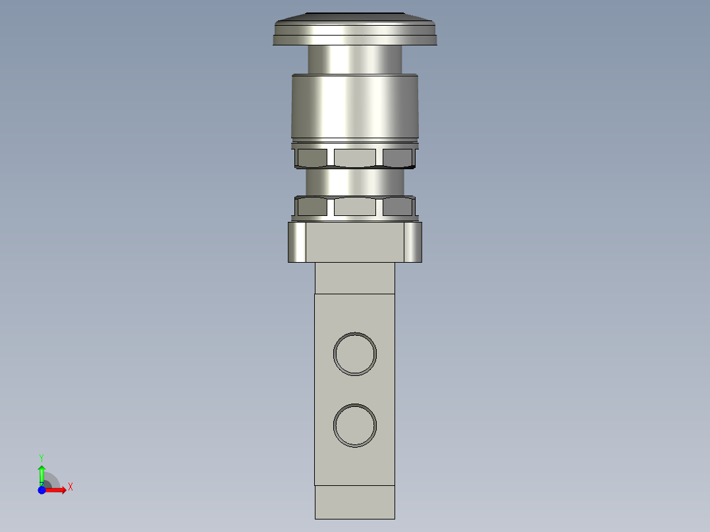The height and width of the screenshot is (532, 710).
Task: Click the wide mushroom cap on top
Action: pos(354,32)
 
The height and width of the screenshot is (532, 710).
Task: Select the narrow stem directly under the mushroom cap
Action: pos(355,59)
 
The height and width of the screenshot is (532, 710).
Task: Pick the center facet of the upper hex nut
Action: pos(354,157)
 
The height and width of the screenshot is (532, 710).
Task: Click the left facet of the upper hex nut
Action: pos(312,157)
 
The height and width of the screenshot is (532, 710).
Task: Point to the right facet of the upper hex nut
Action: pos(397,157)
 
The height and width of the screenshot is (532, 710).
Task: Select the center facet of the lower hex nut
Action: pos(354,207)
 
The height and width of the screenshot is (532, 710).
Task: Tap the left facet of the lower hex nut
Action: pos(312,207)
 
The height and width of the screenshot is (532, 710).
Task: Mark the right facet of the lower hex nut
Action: pos(397,207)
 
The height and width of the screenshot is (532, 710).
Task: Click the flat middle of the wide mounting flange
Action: pos(354,242)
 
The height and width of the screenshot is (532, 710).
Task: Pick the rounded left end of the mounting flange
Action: pos(296,242)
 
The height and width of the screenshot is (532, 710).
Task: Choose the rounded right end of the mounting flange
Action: pos(413,242)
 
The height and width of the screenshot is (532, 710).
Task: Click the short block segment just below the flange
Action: pos(354,278)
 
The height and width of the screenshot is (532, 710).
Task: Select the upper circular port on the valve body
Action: pos(355,354)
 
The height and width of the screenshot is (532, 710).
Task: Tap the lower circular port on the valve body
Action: pos(355,425)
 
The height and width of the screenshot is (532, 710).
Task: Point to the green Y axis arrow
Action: pos(41,471)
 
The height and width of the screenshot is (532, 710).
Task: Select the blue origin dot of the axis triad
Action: pos(41,490)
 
